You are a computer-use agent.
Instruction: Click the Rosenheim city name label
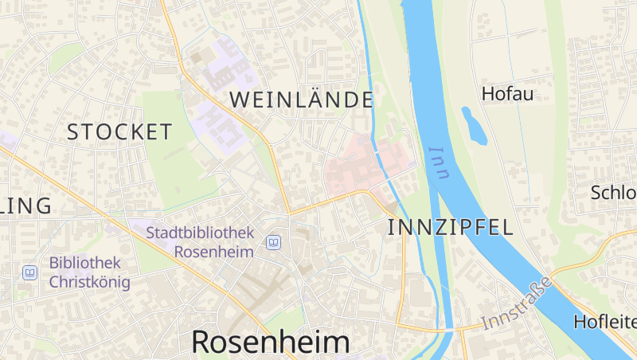click(271, 342)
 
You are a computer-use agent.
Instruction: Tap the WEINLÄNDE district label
click(302, 100)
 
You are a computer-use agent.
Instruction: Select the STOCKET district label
click(119, 132)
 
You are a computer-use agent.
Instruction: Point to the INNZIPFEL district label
click(450, 227)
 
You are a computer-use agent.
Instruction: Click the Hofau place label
click(507, 93)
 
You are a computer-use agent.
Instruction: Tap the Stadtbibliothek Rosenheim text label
click(200, 242)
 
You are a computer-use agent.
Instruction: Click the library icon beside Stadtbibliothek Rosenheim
click(273, 242)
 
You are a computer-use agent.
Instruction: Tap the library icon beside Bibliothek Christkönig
click(29, 272)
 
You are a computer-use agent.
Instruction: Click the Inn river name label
click(439, 162)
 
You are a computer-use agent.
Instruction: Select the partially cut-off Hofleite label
click(604, 322)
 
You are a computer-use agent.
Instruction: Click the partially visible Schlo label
click(613, 193)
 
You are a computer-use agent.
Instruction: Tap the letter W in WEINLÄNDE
click(240, 100)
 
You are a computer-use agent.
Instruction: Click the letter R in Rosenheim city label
click(203, 342)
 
